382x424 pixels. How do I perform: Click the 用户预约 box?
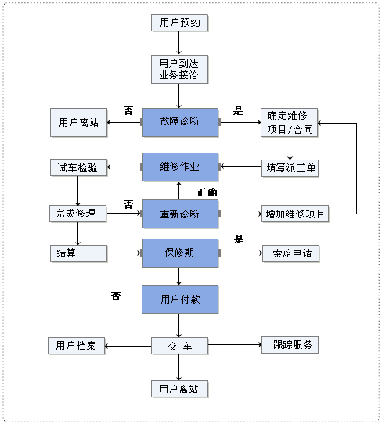coord(179,23)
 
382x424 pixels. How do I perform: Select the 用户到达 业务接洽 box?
coord(179,69)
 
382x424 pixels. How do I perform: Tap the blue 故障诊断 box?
coord(179,121)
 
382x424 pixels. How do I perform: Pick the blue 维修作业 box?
coord(179,167)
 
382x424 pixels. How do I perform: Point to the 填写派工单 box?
coord(290,167)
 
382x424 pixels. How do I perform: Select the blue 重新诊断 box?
coord(179,213)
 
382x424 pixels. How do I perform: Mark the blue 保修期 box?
coord(179,253)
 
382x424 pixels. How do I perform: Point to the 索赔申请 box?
coord(290,253)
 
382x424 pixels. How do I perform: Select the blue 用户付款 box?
coord(179,299)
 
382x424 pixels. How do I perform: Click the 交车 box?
coord(179,345)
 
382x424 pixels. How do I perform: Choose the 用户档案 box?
coord(76,345)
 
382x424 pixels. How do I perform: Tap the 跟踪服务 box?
coord(290,344)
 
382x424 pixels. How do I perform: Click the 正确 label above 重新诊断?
coord(207,192)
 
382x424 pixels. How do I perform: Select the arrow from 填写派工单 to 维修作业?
coord(240,167)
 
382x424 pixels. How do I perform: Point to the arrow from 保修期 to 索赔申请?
coord(240,252)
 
